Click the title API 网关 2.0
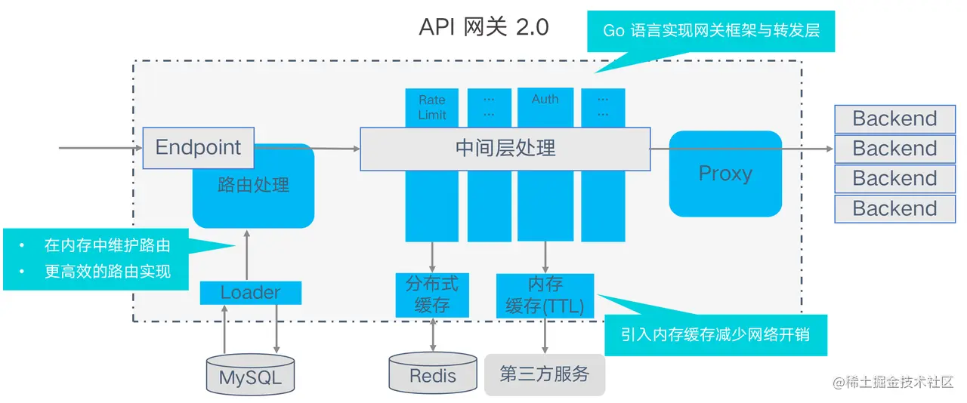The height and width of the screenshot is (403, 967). click(483, 27)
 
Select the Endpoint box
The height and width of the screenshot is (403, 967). click(198, 147)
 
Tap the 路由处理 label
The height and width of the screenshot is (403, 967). click(253, 185)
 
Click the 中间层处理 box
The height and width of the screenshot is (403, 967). click(505, 148)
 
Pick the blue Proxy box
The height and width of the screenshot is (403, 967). click(725, 174)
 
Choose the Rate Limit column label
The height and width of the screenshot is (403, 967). click(432, 107)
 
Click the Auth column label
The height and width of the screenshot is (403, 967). click(545, 100)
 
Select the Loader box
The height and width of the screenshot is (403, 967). click(250, 292)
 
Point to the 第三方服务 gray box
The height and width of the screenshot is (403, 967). click(544, 374)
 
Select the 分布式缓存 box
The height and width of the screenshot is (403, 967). click(432, 294)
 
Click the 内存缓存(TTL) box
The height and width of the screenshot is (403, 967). click(544, 295)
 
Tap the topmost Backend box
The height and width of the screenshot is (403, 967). click(894, 118)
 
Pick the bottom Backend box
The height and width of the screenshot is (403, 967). click(894, 208)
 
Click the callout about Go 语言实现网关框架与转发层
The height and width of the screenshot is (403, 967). click(710, 31)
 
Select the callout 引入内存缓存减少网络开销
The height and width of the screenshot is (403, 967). click(715, 334)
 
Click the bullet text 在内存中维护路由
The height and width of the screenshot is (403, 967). click(107, 245)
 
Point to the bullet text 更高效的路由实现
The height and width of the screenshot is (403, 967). click(107, 272)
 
